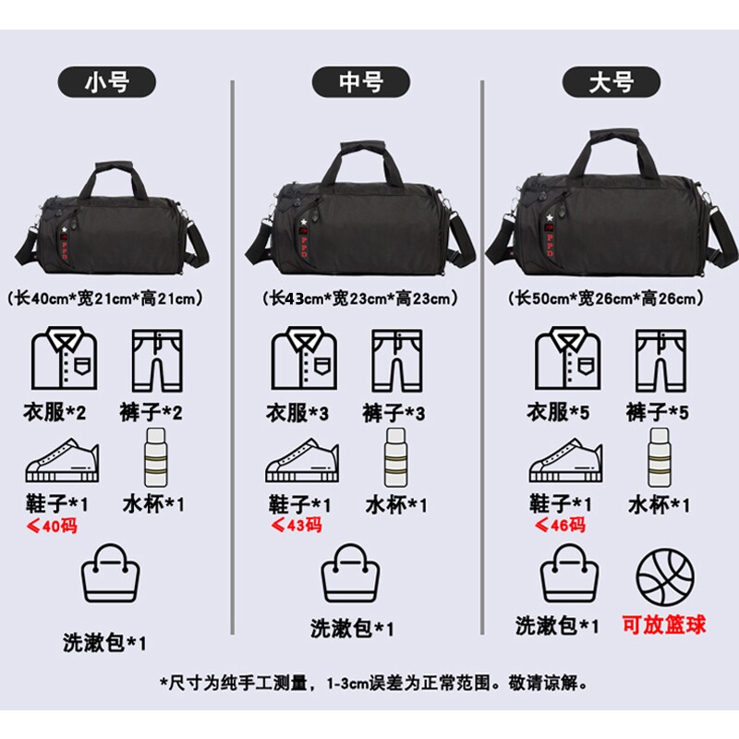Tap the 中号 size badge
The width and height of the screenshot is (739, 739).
(359, 82)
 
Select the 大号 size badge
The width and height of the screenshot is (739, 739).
(611, 82)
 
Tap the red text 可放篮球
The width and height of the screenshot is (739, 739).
(663, 625)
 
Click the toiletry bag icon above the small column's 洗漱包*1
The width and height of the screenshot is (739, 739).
(112, 575)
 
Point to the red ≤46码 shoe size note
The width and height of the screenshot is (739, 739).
(561, 526)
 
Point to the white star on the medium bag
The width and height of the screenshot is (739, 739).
(300, 224)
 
